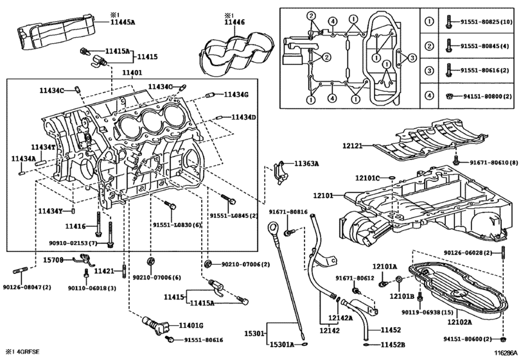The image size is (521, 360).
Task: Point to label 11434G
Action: pos(236,95)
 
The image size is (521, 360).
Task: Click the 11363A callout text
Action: pos(307,164)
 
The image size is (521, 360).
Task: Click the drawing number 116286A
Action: pos(503,354)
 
